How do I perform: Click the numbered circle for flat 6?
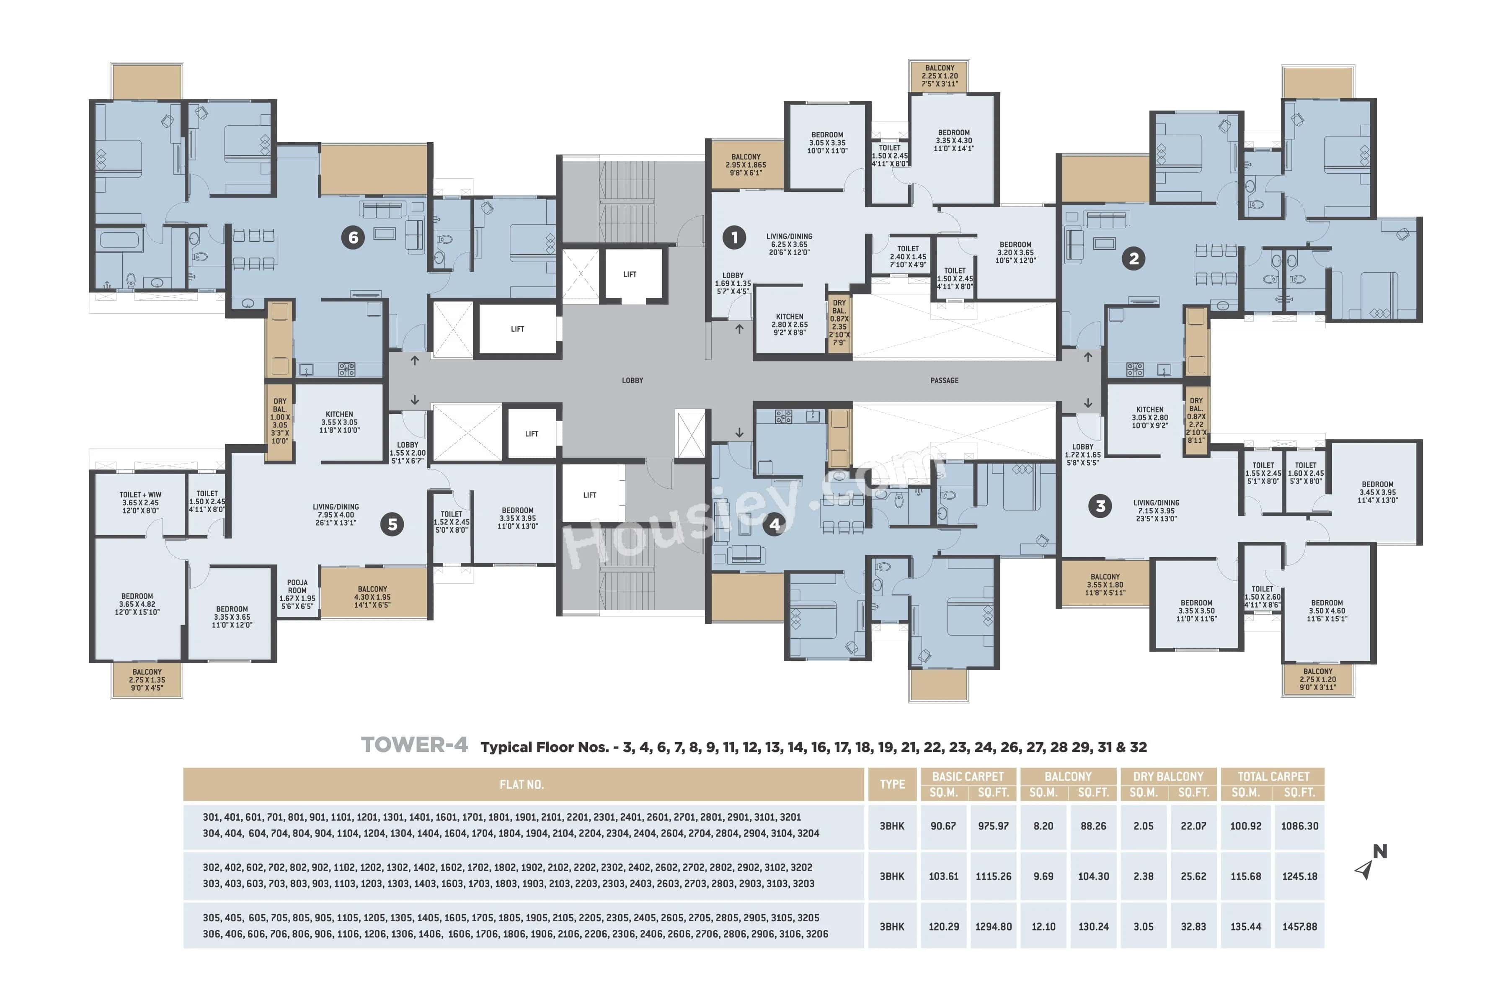[353, 238]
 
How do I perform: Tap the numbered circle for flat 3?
[1100, 506]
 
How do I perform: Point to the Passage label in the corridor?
[945, 381]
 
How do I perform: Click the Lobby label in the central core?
[632, 381]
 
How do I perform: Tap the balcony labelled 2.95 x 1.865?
[746, 165]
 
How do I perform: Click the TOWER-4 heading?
[414, 745]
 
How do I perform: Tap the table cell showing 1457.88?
[1300, 927]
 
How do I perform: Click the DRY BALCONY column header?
[1168, 777]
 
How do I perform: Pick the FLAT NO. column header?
[522, 784]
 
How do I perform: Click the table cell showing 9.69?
[1043, 876]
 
